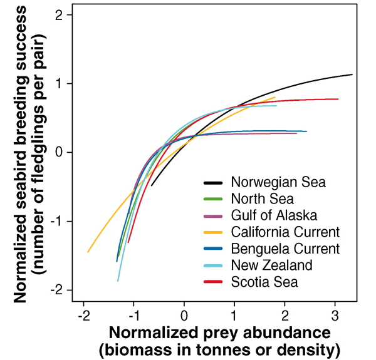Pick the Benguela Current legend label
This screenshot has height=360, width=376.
285,249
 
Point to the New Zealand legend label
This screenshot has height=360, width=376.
271,265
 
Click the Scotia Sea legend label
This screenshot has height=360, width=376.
264,282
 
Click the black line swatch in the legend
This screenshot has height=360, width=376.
214,183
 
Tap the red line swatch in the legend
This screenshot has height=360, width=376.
214,282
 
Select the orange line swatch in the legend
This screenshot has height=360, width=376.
214,232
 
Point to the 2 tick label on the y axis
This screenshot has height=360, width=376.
59,15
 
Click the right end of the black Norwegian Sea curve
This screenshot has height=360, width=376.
352,75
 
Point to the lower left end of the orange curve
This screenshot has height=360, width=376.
88,252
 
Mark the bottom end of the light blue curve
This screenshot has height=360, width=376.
118,281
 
